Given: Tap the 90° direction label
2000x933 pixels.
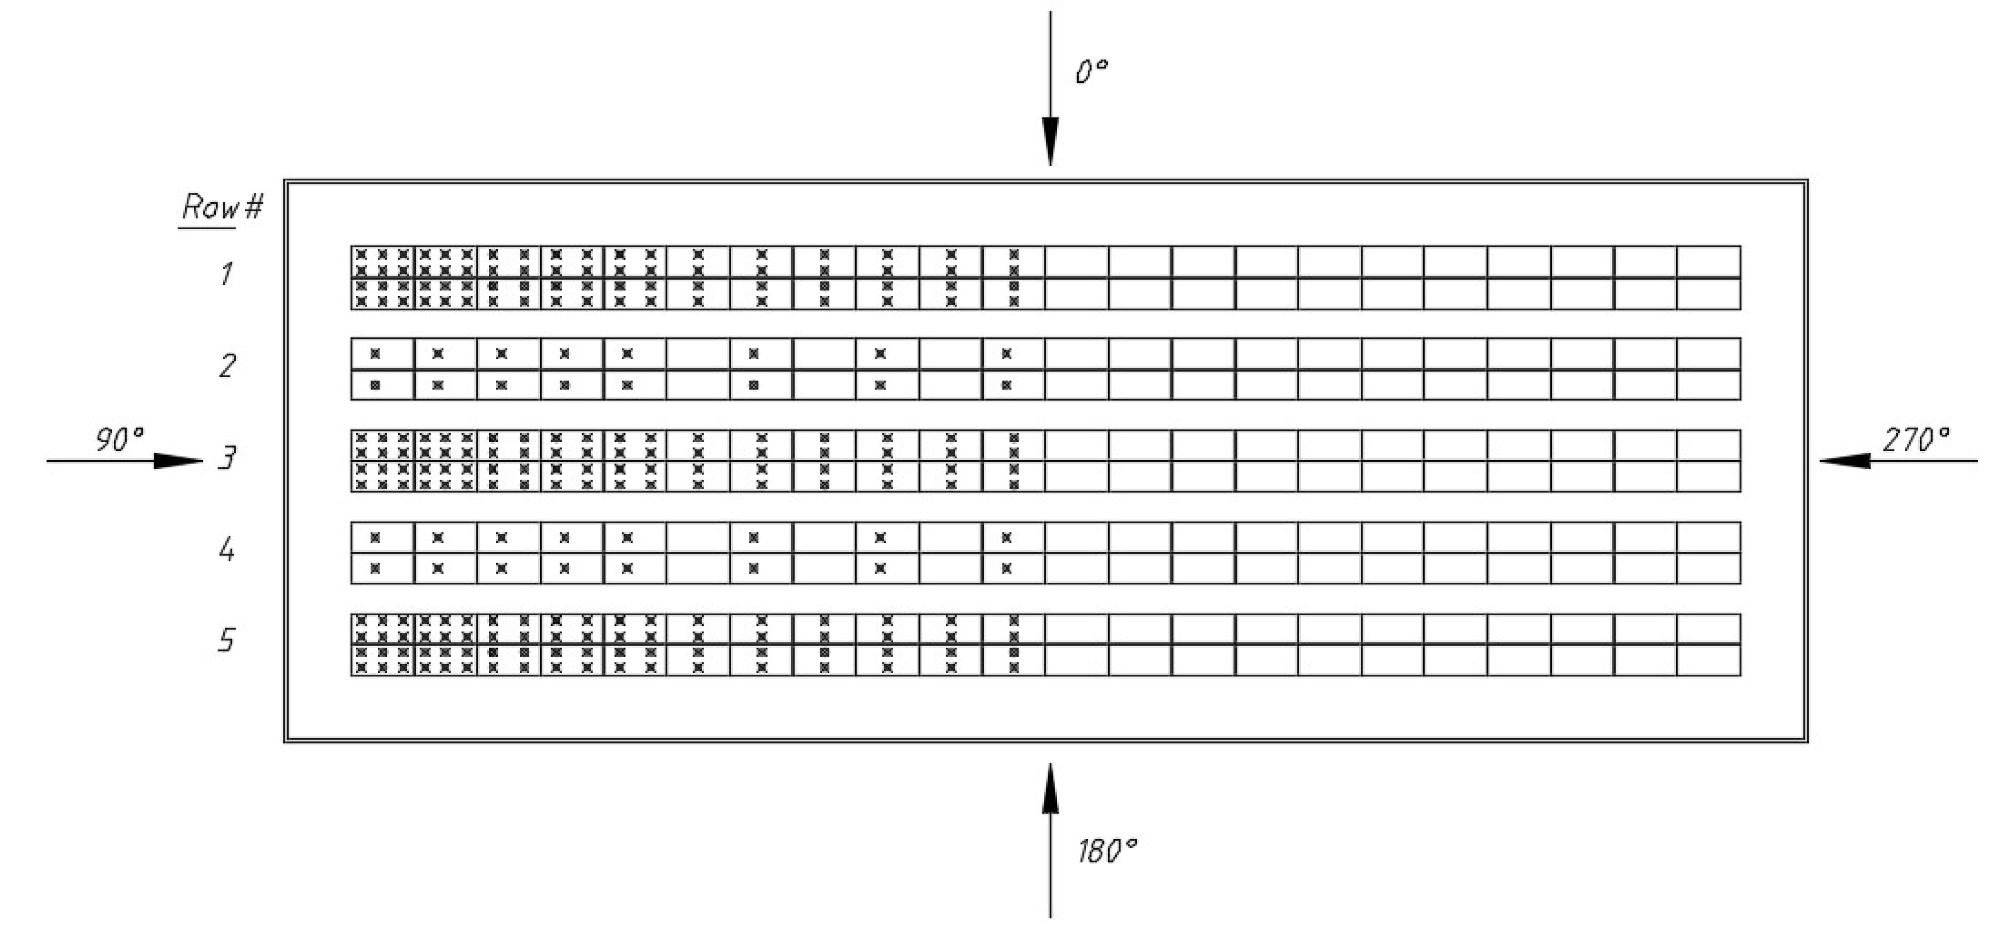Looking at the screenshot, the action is (x=119, y=440).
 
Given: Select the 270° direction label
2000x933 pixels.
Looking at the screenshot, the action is (x=1915, y=440).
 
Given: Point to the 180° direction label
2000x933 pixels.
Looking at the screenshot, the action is (x=1106, y=852).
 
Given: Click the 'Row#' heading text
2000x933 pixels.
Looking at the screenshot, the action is (x=222, y=208).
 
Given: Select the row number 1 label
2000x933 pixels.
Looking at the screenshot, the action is (x=226, y=274).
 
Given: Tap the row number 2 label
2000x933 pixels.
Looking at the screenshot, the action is (x=227, y=365).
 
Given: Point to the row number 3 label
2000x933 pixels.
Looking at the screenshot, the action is (x=226, y=458).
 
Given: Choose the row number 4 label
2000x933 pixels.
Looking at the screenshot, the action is (x=227, y=550).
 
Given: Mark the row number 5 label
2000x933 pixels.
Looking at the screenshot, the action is (x=226, y=641).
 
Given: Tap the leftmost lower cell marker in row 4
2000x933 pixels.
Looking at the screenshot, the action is (x=375, y=568).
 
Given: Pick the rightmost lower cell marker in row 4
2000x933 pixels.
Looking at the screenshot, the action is (x=1006, y=568).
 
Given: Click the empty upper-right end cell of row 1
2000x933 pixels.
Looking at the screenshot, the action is (x=1708, y=262).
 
